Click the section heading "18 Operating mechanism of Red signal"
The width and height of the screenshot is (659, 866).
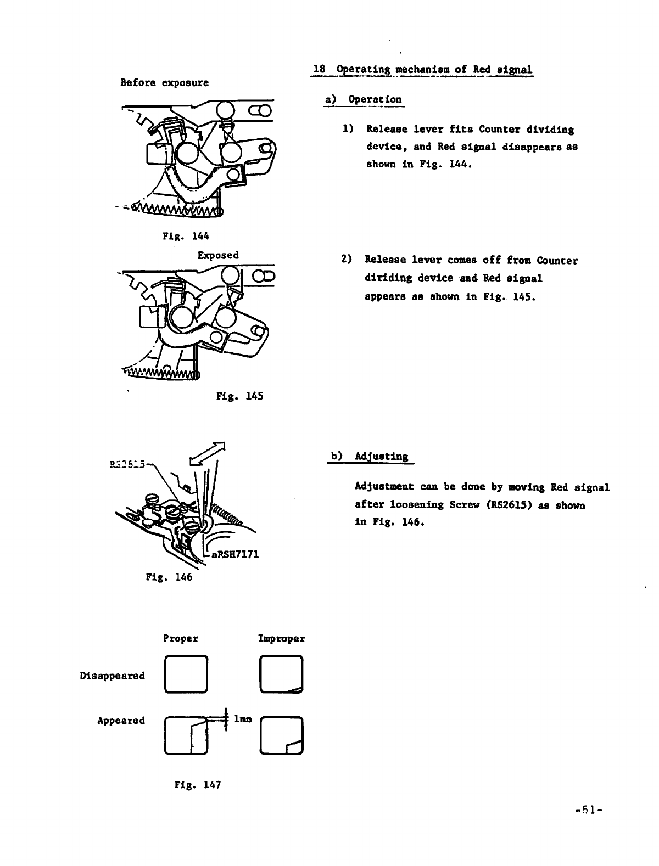422,70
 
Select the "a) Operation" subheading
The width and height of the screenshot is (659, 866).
364,100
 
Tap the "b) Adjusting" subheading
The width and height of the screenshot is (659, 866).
370,457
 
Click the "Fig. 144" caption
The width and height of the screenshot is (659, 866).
186,237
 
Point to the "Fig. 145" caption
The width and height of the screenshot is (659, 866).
240,396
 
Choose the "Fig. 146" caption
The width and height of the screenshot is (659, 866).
169,577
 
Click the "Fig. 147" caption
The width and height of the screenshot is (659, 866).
198,785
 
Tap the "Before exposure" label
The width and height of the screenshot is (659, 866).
165,83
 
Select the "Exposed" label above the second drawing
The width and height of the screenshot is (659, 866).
218,255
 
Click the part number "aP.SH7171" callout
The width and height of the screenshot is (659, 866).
234,554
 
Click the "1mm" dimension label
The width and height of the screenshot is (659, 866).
243,718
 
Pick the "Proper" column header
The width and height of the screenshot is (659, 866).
181,639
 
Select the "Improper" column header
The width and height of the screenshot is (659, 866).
282,639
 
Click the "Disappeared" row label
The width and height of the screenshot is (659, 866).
112,676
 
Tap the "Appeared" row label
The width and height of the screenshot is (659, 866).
121,721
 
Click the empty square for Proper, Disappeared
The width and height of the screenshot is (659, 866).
186,674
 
